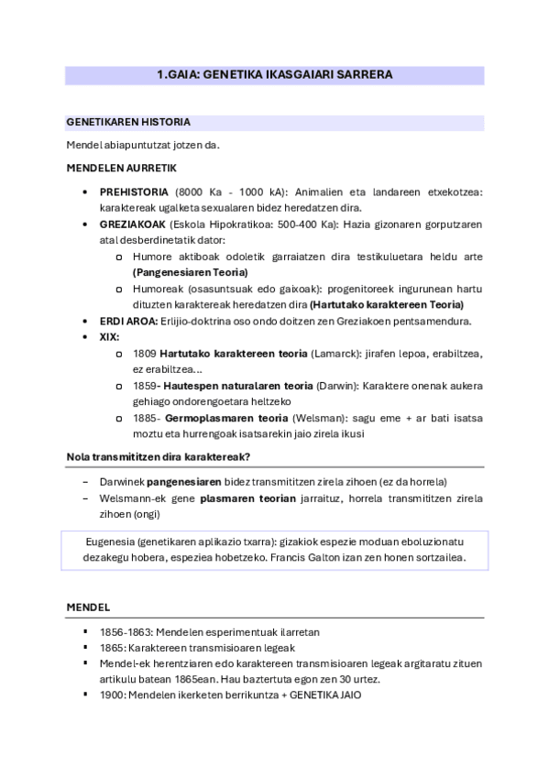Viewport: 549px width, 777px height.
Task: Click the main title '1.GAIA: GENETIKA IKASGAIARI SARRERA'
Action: pos(274,75)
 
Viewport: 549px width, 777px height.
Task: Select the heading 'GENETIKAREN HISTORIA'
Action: pos(128,122)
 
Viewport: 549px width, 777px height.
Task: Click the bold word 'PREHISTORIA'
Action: pos(134,192)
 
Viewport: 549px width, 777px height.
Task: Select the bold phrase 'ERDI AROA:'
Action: pos(129,321)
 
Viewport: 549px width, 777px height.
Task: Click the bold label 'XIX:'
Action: pos(110,336)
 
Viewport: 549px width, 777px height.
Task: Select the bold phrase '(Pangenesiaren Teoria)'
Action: pos(190,272)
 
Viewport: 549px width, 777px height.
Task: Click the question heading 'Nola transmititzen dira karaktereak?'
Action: pos(159,457)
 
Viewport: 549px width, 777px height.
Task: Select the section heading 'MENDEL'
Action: pos(88,607)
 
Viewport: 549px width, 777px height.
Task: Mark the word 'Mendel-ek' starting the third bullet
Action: pos(124,663)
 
